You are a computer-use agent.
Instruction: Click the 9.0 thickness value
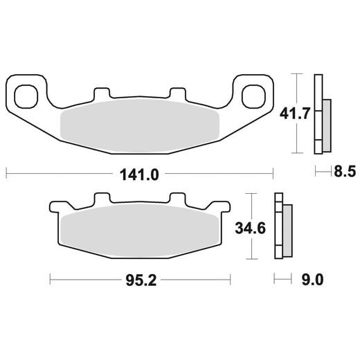coord(313,280)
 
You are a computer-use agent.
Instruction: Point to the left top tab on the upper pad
coord(102,93)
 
